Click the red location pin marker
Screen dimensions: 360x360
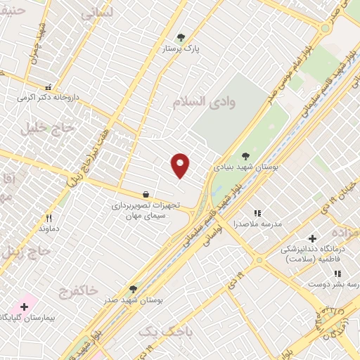181,166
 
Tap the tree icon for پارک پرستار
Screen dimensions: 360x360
181,38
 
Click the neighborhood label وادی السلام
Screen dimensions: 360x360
203,102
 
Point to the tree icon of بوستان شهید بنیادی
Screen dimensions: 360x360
245,157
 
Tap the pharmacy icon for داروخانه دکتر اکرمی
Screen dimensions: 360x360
48,88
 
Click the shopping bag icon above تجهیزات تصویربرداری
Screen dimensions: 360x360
146,194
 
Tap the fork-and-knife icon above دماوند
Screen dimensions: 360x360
49,218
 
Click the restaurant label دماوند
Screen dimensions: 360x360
49,229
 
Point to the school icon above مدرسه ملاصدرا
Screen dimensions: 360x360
257,212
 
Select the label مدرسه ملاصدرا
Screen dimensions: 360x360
257,224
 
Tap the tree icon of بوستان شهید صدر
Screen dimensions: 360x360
133,289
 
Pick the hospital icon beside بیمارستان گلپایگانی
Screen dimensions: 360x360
25,307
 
